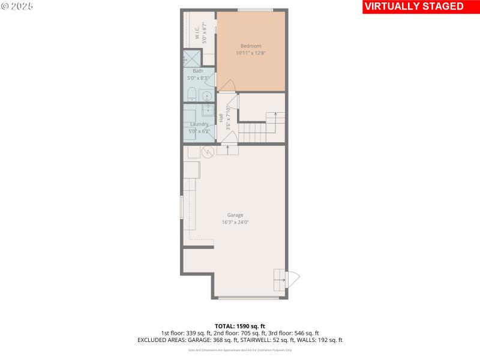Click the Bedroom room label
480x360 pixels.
[x=251, y=46]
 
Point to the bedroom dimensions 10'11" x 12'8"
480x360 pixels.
[x=251, y=53]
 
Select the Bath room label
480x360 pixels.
[x=198, y=71]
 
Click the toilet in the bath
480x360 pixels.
[x=191, y=94]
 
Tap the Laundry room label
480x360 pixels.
[x=199, y=124]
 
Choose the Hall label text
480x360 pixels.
[x=221, y=118]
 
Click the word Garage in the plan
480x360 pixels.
[x=235, y=215]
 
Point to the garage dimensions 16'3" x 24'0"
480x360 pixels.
[x=235, y=222]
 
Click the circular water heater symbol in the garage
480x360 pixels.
[x=208, y=152]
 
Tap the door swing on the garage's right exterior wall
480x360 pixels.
[x=293, y=280]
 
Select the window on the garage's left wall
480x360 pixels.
[x=182, y=207]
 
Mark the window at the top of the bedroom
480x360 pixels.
[x=255, y=10]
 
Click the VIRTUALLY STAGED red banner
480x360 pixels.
[x=414, y=7]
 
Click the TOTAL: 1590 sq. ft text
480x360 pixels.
[x=240, y=326]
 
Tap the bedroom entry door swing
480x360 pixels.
[x=226, y=85]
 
